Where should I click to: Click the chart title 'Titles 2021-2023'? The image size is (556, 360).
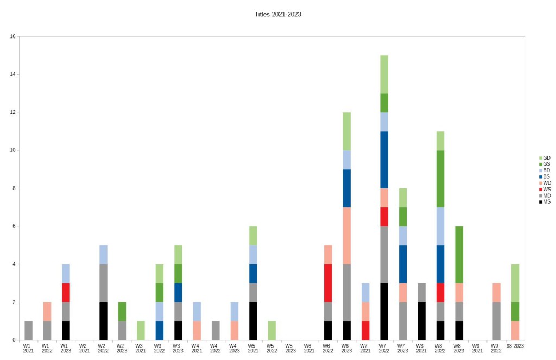(277, 14)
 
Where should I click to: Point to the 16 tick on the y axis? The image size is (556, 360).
(12, 36)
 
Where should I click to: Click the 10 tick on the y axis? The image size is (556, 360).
(12, 150)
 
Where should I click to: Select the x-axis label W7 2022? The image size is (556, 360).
(384, 348)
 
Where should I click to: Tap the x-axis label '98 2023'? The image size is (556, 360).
(515, 345)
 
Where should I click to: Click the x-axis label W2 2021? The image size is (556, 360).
(84, 348)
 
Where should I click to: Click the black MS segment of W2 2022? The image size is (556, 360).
(103, 321)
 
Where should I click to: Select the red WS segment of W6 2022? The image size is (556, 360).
(328, 283)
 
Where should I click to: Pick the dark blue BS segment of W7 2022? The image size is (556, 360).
(384, 160)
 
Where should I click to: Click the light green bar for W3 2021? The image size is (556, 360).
(141, 331)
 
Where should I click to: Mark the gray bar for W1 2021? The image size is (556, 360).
(28, 331)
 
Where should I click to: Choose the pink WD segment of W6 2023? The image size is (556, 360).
(346, 236)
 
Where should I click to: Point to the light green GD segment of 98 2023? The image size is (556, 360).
(515, 283)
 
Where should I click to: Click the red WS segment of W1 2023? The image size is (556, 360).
(66, 293)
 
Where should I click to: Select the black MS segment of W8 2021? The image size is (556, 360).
(421, 321)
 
